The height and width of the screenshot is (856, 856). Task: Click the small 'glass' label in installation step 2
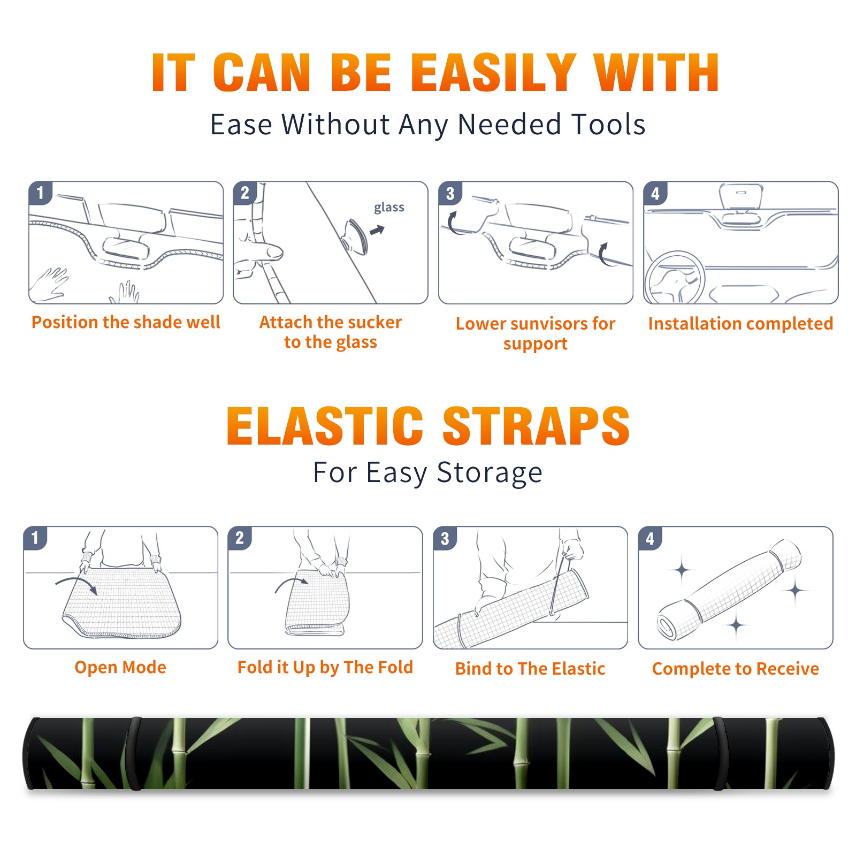click(389, 208)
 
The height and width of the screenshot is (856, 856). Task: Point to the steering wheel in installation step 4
click(675, 278)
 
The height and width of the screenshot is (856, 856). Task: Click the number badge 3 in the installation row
click(450, 193)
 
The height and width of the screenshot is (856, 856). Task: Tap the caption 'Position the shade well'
click(126, 322)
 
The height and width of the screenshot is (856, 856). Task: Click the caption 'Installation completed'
click(740, 323)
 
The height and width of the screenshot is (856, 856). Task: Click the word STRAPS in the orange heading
click(536, 426)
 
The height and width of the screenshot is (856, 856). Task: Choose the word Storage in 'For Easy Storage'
click(489, 473)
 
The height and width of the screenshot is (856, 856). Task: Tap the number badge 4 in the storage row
click(650, 538)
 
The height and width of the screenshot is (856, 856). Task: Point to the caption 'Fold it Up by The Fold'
click(325, 667)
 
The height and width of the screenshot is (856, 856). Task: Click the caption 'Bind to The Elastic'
click(530, 669)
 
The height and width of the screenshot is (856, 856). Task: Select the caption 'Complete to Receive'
click(736, 669)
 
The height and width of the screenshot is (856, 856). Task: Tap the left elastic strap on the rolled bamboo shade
click(134, 753)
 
